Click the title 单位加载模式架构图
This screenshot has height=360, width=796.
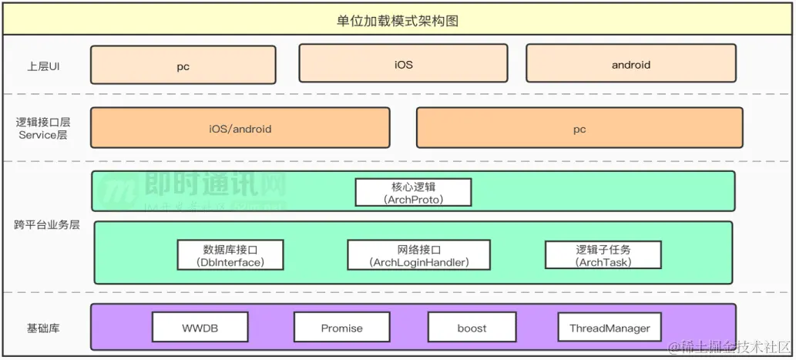[398, 21]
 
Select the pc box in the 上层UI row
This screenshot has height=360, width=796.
[183, 66]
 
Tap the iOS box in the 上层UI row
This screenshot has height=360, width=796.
[403, 64]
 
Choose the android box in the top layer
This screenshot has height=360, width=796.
[631, 64]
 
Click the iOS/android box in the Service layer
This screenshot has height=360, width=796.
[240, 128]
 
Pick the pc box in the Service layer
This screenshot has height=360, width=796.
[579, 128]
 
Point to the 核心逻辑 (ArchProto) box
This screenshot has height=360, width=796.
[413, 193]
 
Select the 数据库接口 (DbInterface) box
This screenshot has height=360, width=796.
[230, 255]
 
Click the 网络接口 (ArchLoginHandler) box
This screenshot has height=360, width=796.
[419, 255]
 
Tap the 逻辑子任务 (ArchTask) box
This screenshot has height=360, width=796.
[603, 255]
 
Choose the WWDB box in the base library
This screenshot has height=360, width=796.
[200, 328]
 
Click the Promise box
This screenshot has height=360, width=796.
[341, 328]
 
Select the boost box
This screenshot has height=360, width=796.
[472, 328]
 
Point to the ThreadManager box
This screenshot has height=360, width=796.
[610, 328]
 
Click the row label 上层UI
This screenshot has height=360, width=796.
[43, 66]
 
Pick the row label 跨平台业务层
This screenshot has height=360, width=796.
[46, 225]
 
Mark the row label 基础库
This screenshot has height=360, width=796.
[43, 328]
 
